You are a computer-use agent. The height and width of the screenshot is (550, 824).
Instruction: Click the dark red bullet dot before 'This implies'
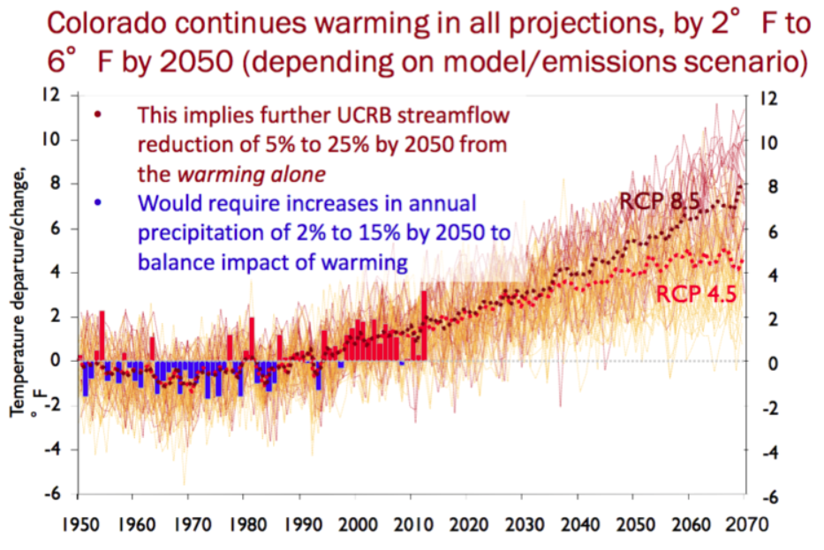pyautogui.click(x=98, y=115)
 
